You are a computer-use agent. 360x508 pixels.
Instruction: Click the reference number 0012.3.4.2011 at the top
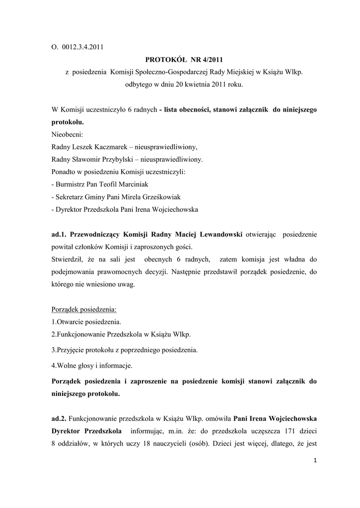(82, 48)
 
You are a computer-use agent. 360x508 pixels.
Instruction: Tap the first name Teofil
(112, 184)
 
